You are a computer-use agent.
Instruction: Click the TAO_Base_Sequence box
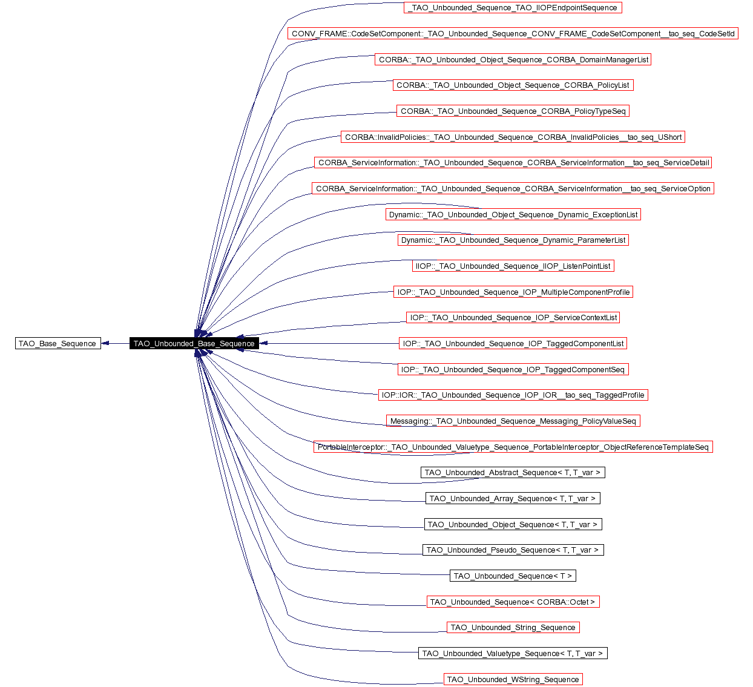coord(58,344)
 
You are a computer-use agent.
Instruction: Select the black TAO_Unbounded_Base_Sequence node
coord(194,344)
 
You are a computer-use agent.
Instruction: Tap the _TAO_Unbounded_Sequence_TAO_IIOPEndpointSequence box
coord(513,8)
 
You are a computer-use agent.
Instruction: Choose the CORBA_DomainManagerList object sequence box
coord(513,60)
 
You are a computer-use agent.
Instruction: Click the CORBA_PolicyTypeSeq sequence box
coord(513,111)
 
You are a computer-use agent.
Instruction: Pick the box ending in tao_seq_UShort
coord(513,137)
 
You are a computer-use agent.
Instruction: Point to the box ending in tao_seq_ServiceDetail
coord(513,163)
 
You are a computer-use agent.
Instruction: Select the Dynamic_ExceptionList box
coord(513,215)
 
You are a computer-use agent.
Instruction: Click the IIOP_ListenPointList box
coord(513,266)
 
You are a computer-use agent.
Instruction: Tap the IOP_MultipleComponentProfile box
coord(513,292)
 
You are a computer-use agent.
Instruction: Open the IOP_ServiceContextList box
coord(513,318)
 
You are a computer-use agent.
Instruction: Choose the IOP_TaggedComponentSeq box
coord(513,370)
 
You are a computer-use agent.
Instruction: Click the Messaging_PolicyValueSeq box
coord(513,421)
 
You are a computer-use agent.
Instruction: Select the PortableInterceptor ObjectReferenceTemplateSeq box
coord(513,447)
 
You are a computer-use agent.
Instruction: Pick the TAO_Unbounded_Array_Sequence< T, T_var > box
coord(513,499)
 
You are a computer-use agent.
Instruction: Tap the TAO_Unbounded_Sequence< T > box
coord(513,576)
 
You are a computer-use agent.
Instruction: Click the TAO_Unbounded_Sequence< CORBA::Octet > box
coord(513,602)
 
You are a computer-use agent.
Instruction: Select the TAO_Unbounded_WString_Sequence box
coord(513,680)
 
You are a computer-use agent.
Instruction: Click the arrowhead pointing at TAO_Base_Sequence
coord(105,344)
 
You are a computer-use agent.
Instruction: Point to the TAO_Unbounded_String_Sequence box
coord(513,628)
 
